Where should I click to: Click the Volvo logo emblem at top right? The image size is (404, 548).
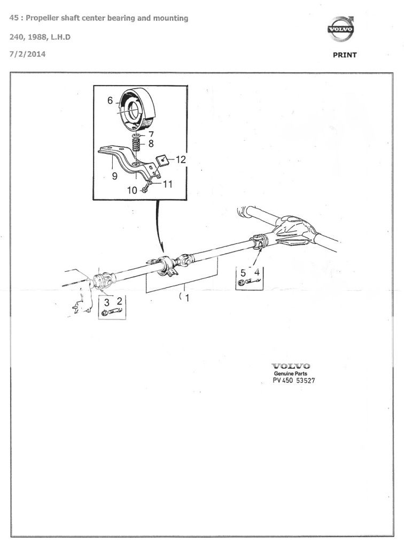click(x=341, y=29)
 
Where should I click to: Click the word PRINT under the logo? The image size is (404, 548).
click(x=345, y=55)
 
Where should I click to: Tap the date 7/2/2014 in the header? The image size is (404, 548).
click(x=28, y=54)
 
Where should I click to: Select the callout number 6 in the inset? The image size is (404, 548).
click(x=110, y=101)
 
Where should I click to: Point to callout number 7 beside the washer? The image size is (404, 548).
click(x=151, y=134)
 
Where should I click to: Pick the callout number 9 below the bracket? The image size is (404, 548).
click(x=114, y=176)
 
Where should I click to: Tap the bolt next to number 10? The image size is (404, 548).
click(x=145, y=190)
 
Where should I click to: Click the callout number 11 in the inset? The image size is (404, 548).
click(x=168, y=184)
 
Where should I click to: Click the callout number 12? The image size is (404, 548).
click(x=181, y=159)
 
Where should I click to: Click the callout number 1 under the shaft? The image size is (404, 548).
click(x=188, y=298)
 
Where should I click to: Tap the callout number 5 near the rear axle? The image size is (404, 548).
click(x=243, y=272)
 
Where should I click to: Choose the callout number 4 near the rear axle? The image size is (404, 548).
click(x=257, y=272)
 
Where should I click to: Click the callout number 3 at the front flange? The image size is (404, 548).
click(x=107, y=302)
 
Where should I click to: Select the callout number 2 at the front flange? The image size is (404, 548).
click(x=119, y=301)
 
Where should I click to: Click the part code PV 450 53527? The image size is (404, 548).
click(x=294, y=380)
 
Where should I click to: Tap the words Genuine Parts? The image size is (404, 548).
click(x=291, y=373)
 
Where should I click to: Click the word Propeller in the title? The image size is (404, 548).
click(x=42, y=18)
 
